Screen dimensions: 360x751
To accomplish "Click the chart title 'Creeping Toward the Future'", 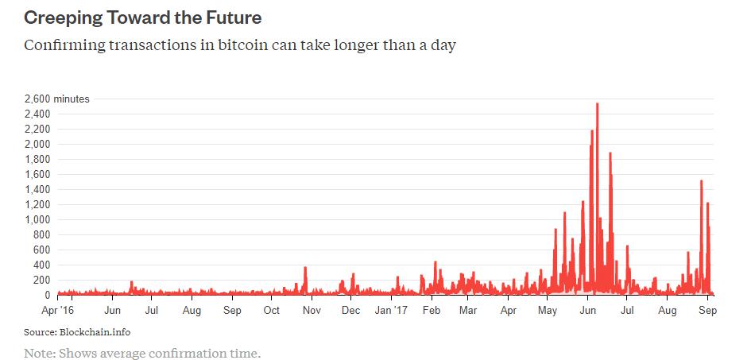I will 143,16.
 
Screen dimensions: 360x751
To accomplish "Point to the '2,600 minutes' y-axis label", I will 58,99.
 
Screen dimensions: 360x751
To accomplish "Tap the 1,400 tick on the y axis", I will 38,190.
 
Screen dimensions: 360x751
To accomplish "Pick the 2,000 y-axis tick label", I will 38,145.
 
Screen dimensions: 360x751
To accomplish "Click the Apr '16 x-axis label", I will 57,312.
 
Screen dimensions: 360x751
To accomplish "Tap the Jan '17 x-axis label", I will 390,312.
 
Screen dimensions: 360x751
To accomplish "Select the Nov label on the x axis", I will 312,312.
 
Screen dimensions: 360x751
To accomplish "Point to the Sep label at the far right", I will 708,312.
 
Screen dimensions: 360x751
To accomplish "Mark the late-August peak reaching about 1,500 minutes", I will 701,181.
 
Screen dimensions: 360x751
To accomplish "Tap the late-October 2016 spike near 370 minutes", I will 305,268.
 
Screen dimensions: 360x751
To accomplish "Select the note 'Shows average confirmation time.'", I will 158,352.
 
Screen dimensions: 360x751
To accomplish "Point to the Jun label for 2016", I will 113,312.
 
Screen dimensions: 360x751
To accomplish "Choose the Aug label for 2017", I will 668,312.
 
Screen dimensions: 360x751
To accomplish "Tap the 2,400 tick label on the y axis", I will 38,114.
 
